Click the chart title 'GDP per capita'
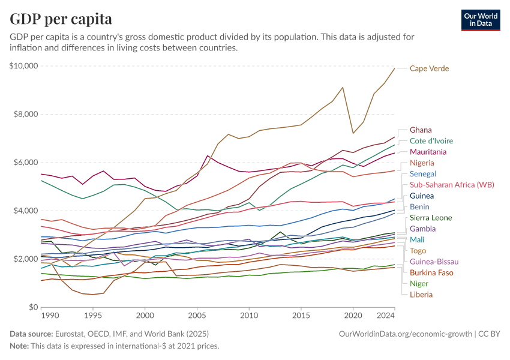(61, 19)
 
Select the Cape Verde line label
(429, 68)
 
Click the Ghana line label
(421, 130)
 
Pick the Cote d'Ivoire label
(431, 140)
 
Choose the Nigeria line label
(422, 163)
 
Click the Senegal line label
(423, 173)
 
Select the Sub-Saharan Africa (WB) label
(452, 185)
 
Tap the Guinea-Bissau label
(434, 262)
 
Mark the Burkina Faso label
(431, 272)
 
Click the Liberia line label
(421, 294)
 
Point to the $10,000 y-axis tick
(24, 66)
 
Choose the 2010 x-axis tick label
(249, 315)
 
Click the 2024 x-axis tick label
(386, 315)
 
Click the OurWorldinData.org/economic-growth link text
(406, 333)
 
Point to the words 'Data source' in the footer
(29, 333)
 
